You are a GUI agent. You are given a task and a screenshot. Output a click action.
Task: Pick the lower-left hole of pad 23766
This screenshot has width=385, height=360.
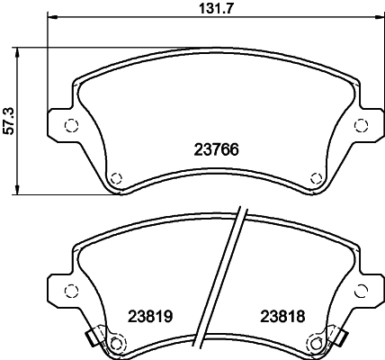[x=115, y=176]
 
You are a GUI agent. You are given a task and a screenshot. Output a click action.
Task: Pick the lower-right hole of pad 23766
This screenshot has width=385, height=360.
[x=314, y=176]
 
